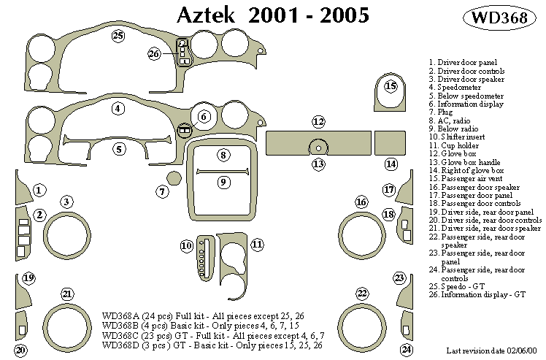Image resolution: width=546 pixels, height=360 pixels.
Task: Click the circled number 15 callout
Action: (391, 86)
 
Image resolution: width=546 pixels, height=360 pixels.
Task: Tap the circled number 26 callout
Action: (154, 54)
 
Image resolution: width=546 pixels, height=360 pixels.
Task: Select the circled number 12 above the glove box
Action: (318, 121)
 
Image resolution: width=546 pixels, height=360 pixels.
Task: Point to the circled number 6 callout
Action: (204, 116)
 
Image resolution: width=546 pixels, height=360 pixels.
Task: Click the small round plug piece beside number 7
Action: (174, 178)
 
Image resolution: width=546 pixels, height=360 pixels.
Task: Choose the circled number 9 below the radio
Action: (223, 182)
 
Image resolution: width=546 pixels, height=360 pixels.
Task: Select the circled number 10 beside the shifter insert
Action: (187, 246)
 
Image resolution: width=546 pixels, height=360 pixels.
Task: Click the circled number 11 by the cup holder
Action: (257, 245)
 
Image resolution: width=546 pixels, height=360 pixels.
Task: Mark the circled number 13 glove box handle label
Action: (318, 164)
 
